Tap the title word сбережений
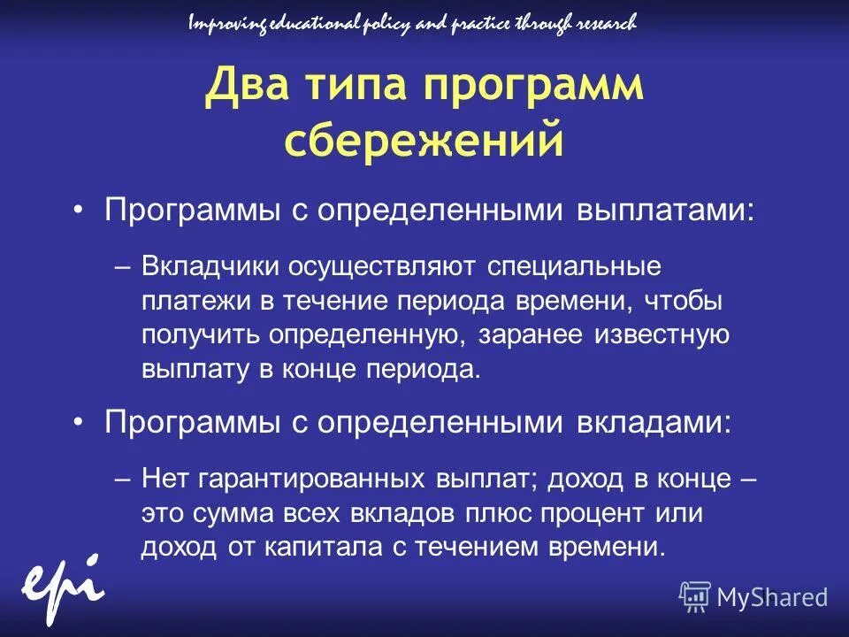pyautogui.click(x=424, y=140)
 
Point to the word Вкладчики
pyautogui.click(x=209, y=266)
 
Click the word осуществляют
pyautogui.click(x=379, y=266)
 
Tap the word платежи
pyautogui.click(x=196, y=301)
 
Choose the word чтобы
pyautogui.click(x=684, y=301)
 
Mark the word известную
pyautogui.click(x=666, y=335)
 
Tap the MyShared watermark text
pyautogui.click(x=771, y=597)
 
